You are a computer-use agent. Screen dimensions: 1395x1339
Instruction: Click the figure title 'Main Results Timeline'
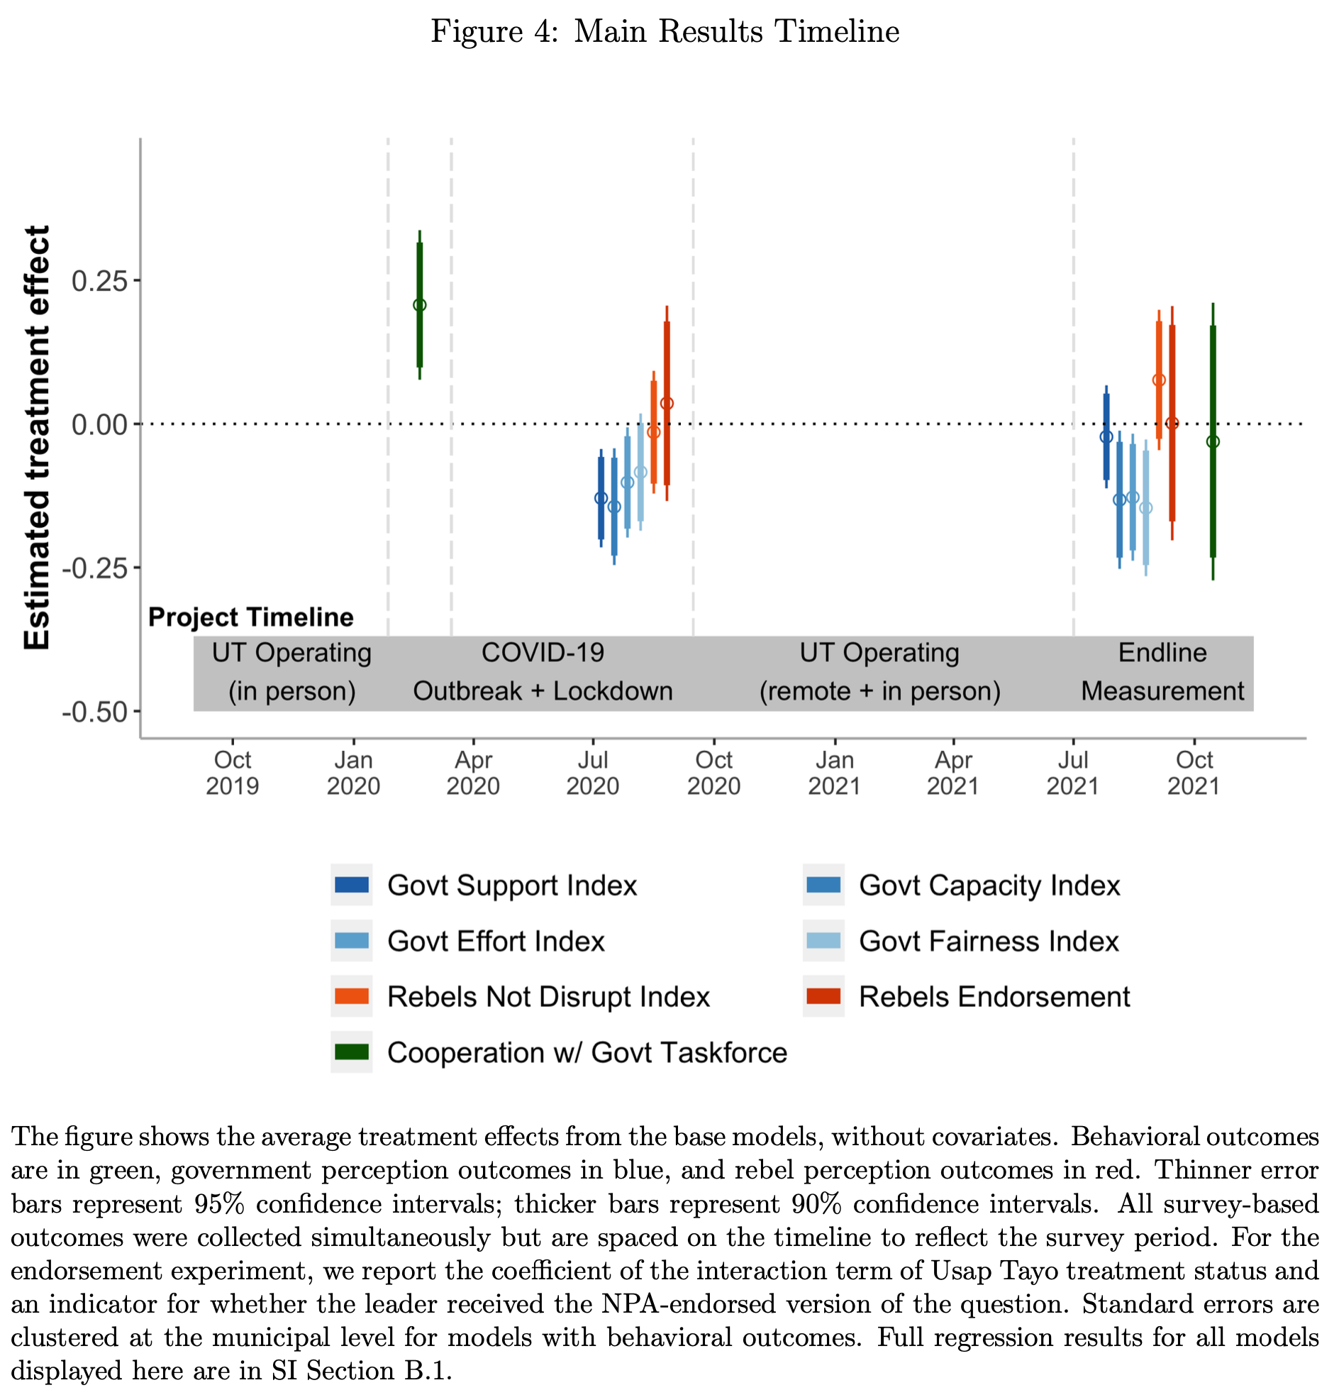(x=735, y=32)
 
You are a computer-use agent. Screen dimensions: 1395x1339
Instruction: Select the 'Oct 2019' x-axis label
(x=232, y=772)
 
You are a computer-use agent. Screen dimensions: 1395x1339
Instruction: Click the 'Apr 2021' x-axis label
(x=952, y=772)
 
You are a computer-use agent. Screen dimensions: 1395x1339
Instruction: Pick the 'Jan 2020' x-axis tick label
(x=353, y=772)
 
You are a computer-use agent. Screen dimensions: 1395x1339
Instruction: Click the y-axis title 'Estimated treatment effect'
(x=37, y=437)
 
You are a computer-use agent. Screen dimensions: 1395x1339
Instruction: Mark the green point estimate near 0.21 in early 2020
(x=420, y=305)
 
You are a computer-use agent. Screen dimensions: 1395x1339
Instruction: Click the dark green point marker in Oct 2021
(x=1213, y=442)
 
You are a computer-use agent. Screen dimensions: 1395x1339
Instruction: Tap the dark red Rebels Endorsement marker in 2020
(x=667, y=404)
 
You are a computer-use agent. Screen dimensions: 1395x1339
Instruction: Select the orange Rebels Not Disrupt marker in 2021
(x=1159, y=380)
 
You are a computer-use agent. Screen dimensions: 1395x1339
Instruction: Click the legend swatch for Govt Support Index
(x=352, y=885)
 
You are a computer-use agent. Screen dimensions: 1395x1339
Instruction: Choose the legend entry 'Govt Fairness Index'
(x=988, y=941)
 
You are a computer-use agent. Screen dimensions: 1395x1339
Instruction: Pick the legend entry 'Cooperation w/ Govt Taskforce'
(x=587, y=1053)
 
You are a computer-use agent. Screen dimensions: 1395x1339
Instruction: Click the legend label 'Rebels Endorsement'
(x=994, y=996)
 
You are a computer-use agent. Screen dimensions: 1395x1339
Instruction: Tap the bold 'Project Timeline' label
(x=250, y=617)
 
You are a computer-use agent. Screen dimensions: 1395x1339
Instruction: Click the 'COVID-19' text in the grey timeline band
(x=542, y=653)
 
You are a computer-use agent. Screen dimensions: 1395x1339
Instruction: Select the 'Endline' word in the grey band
(x=1162, y=653)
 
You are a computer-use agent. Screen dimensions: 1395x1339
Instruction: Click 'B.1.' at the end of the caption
(x=428, y=1371)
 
